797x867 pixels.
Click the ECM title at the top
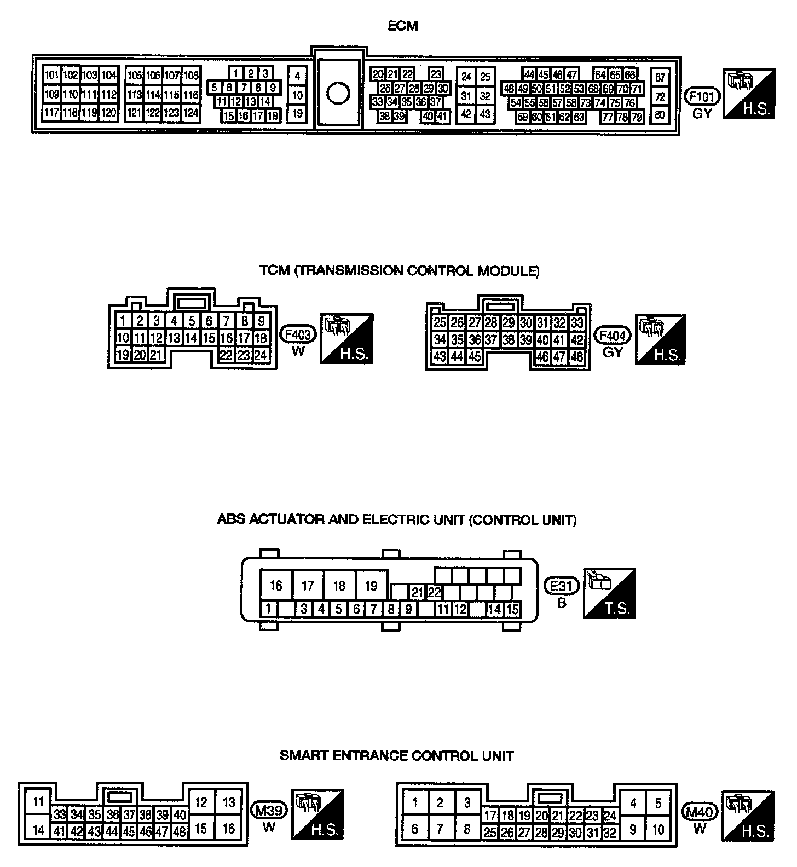coord(402,26)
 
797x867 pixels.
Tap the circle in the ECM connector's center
coord(338,93)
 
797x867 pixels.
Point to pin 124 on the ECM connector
coord(190,113)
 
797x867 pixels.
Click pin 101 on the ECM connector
coord(51,76)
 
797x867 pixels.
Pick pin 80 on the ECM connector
coord(660,115)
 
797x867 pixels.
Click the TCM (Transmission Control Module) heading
coord(400,271)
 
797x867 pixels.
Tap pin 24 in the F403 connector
coord(261,355)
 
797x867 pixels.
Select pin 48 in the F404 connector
coord(576,357)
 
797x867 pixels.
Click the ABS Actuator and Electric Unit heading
coord(397,519)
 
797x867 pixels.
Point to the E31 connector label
coord(561,587)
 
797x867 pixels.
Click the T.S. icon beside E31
coord(610,593)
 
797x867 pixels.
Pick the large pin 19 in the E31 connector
coord(371,586)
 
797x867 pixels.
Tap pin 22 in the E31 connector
coord(434,592)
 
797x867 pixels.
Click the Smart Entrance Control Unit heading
coord(397,756)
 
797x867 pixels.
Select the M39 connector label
coord(268,810)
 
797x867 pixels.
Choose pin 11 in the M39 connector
coord(38,802)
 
